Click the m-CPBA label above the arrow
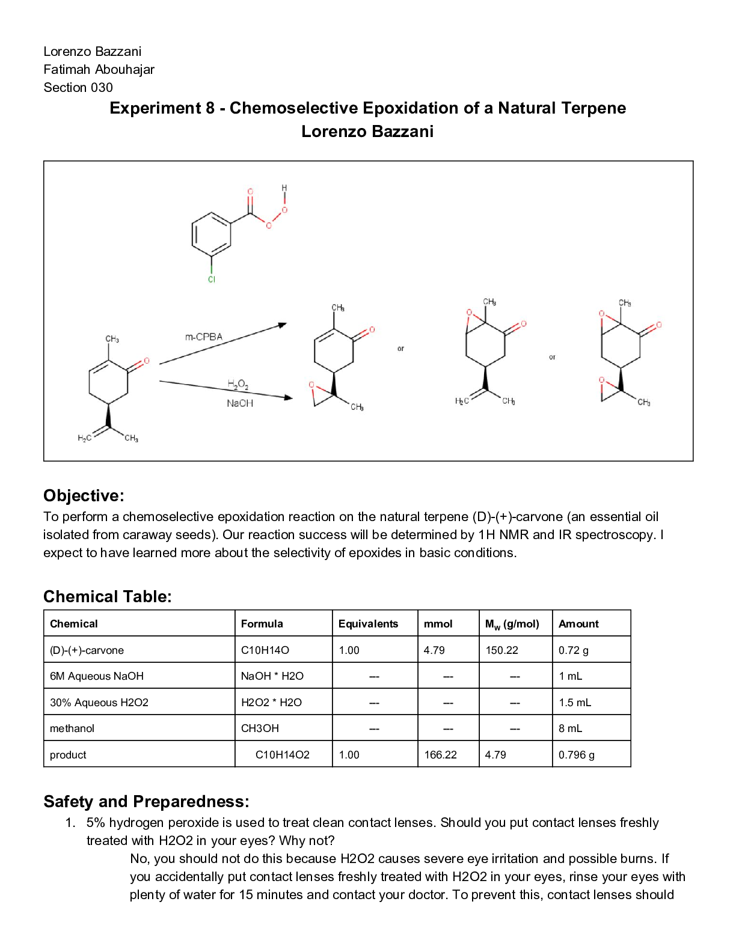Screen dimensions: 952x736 coord(204,337)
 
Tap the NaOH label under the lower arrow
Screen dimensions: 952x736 coord(240,403)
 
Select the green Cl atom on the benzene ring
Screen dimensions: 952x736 coord(212,279)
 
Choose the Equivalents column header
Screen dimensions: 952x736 coord(368,624)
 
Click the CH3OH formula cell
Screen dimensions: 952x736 coord(260,728)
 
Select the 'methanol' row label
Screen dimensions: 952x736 coord(72,728)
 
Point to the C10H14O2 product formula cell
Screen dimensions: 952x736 coord(282,755)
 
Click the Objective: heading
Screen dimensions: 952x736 coord(84,496)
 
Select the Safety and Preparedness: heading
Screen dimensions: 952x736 coord(146,802)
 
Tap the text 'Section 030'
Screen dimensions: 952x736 coord(78,88)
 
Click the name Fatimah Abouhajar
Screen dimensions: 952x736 coord(99,70)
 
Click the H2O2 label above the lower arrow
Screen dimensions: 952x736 coord(238,384)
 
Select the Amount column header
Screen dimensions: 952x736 coord(578,624)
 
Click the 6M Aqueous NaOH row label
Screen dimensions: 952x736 coord(97,676)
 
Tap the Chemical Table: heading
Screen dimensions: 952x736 coord(108,597)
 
